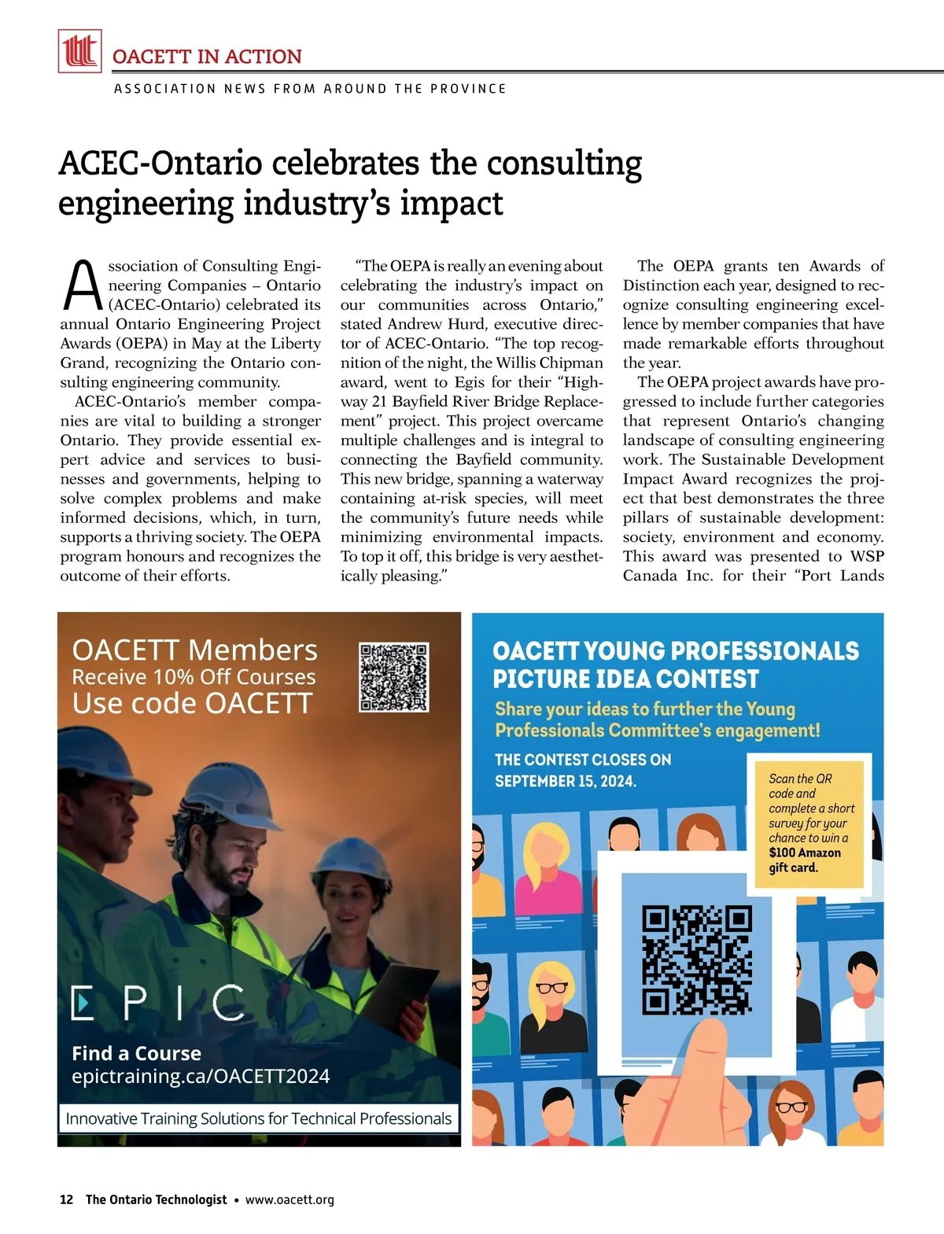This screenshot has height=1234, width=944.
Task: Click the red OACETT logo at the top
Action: [79, 51]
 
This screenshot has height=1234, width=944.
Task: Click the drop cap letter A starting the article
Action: [81, 286]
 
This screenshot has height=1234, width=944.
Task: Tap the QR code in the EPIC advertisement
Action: [393, 677]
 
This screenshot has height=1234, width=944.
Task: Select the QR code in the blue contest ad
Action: [697, 960]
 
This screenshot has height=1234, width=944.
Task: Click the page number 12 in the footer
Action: [67, 1199]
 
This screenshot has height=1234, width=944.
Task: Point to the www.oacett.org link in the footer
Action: [289, 1199]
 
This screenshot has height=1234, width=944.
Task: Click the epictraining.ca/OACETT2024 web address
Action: [201, 1076]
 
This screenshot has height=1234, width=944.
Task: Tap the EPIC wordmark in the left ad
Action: [157, 1002]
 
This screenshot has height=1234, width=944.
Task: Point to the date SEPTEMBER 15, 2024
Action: [566, 781]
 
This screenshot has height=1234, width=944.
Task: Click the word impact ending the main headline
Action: [452, 203]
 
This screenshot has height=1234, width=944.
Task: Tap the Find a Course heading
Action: [136, 1053]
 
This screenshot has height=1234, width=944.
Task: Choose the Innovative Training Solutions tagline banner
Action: [259, 1118]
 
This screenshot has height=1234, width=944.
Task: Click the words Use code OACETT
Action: [193, 703]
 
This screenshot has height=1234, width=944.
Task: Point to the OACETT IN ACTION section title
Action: [207, 57]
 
